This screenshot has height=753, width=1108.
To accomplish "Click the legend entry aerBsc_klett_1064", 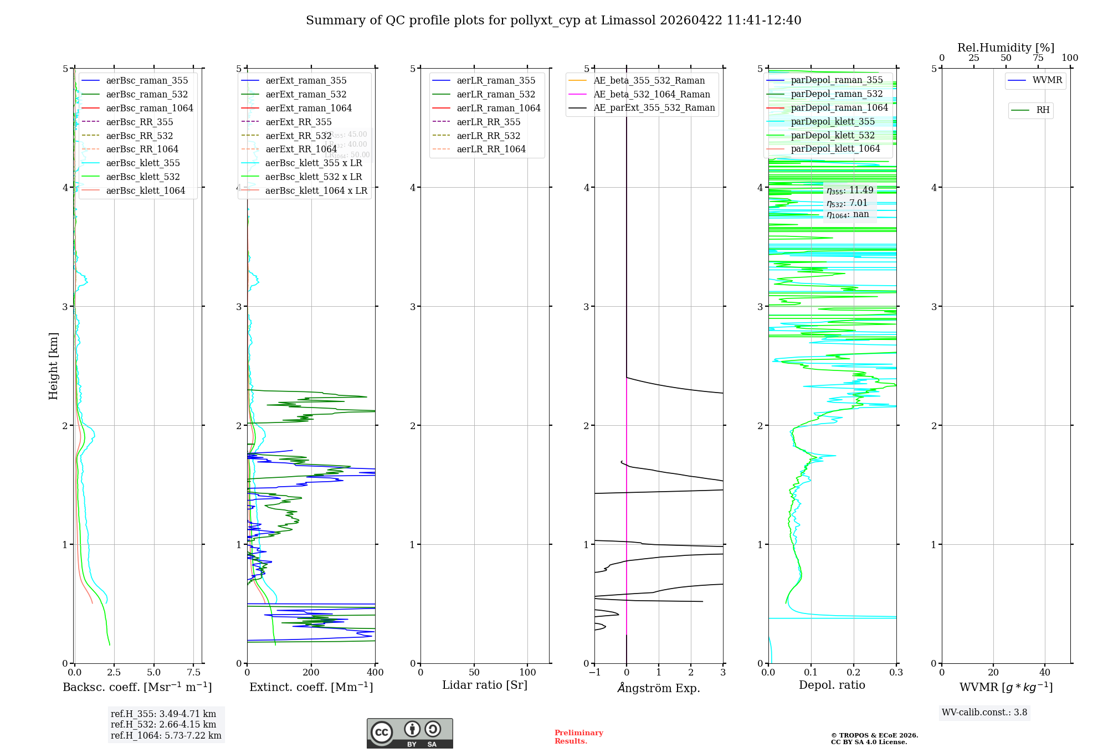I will click(x=145, y=190).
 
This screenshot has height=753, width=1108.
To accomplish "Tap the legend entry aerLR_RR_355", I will click(x=488, y=122).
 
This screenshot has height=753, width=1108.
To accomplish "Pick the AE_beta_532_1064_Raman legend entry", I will click(x=652, y=94).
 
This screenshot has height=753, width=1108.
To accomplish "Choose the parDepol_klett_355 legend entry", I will click(x=833, y=121).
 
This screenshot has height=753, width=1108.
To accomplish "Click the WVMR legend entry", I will click(x=1047, y=80).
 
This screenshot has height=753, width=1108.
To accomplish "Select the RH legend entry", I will click(x=1043, y=110).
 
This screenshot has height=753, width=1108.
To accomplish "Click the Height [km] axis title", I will click(x=53, y=366).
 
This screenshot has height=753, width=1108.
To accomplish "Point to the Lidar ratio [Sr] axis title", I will click(x=485, y=685).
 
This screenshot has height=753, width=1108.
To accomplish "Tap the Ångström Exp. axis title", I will click(x=659, y=688).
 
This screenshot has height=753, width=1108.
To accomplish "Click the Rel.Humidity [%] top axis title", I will click(x=1006, y=48).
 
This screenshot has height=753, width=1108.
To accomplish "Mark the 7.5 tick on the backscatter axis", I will click(x=194, y=673).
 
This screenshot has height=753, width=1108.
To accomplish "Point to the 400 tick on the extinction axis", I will click(x=376, y=673).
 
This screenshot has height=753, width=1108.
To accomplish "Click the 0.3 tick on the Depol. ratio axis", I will click(x=896, y=673).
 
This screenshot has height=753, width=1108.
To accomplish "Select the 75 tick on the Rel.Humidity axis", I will click(x=1038, y=58).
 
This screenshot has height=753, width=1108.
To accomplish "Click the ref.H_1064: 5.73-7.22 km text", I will click(x=166, y=736).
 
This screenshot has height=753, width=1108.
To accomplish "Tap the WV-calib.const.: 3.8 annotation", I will click(x=984, y=713).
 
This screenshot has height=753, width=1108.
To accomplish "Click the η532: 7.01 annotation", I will click(x=847, y=203).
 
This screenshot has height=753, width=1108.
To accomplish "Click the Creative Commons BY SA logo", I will click(x=409, y=734).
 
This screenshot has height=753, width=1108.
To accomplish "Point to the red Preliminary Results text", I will click(x=578, y=737).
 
